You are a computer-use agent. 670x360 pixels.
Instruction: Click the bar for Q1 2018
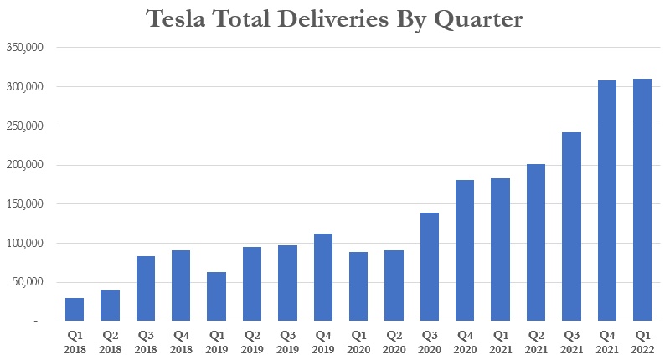(x=75, y=310)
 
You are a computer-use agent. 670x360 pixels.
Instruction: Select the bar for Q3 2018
(x=146, y=288)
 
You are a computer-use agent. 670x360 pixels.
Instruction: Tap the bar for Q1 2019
(x=217, y=296)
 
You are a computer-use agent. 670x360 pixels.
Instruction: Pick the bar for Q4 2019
(x=323, y=277)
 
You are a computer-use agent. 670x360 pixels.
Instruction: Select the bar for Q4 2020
(x=466, y=250)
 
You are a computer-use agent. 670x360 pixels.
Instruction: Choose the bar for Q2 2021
(x=536, y=242)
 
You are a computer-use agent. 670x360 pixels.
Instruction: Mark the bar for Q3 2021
(x=572, y=226)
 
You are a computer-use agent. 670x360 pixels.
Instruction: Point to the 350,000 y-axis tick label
(x=26, y=48)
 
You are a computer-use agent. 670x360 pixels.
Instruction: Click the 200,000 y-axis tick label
(x=26, y=165)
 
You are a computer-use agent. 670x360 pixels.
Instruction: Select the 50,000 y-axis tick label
(x=29, y=282)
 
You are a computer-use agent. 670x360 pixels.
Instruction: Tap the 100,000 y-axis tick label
(x=26, y=244)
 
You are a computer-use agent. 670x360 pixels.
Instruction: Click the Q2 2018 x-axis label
(x=110, y=341)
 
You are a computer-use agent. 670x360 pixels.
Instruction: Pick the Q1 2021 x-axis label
(x=501, y=341)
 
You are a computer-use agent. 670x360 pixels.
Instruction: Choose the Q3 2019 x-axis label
(x=287, y=341)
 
